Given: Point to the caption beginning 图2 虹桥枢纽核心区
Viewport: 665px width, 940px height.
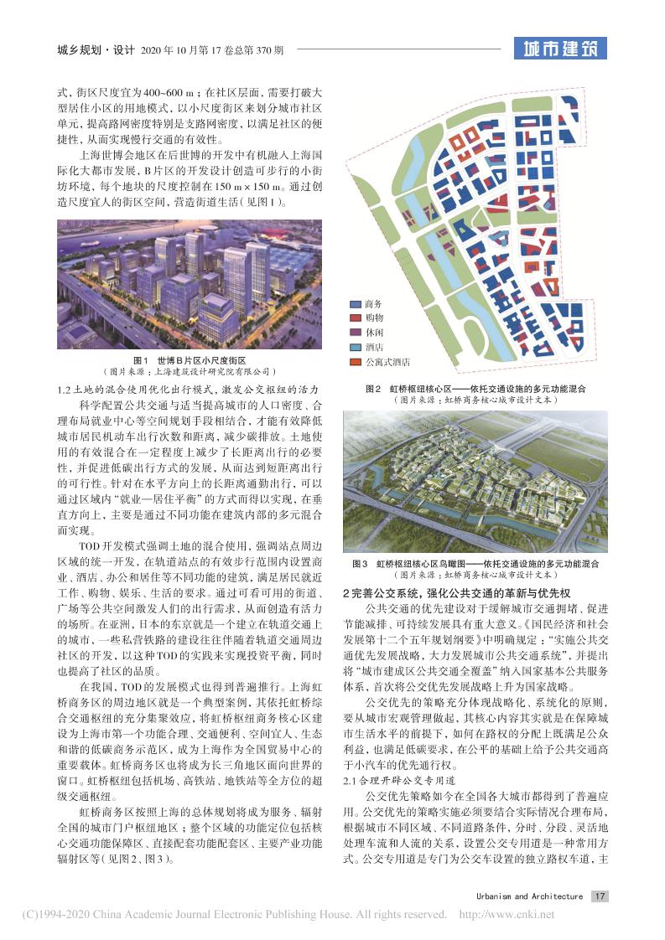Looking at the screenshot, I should pos(475,390).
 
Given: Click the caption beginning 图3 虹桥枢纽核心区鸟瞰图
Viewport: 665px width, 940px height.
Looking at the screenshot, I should pos(475,564).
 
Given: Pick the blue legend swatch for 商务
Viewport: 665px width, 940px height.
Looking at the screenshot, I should pos(355,304).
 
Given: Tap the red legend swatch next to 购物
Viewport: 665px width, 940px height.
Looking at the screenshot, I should pos(355,318).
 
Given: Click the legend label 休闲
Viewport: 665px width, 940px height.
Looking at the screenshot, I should pos(374,333).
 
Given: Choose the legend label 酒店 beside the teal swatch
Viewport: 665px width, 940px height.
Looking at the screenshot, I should pos(374,347).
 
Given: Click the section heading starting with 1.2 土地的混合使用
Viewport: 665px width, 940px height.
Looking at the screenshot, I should pos(189,390).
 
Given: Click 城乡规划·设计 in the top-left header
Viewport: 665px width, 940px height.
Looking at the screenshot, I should pos(91,49).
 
